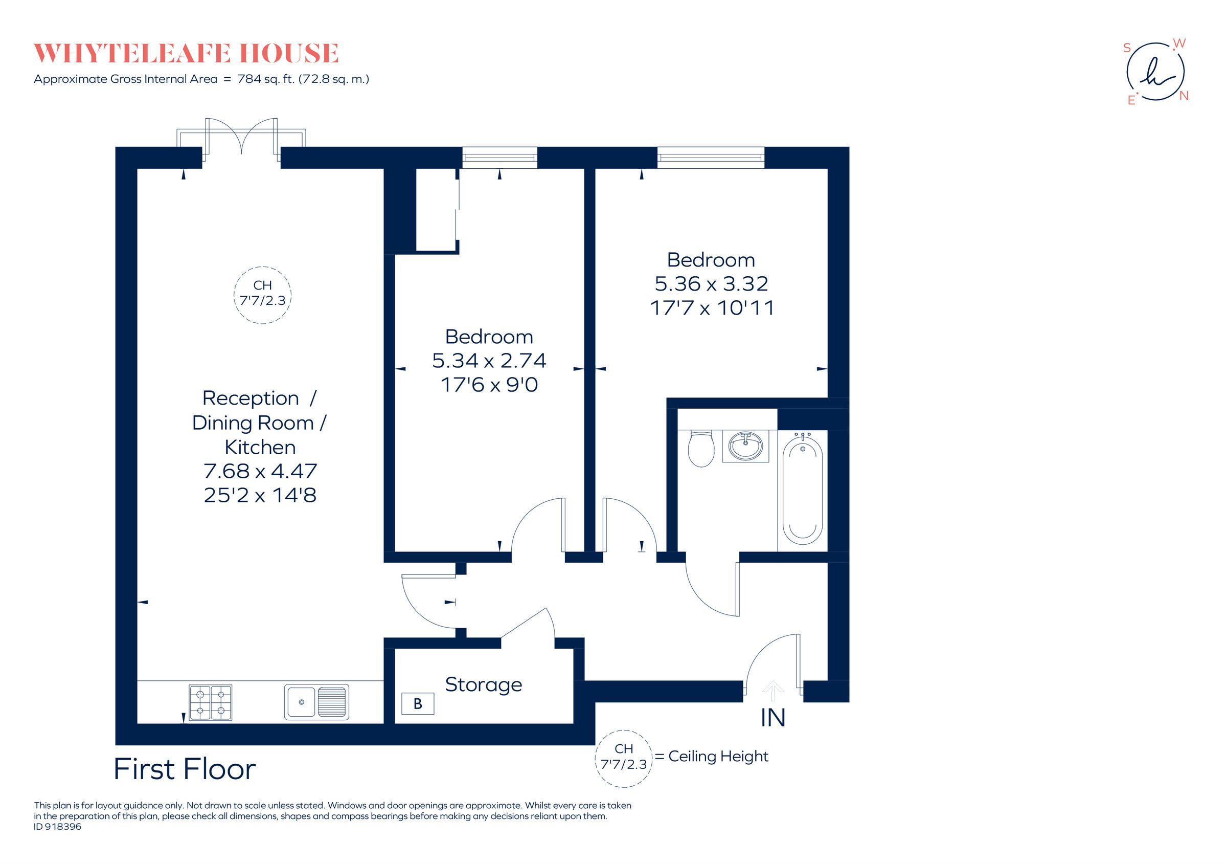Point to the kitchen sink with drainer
pos(316,702)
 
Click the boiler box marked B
pos(417,704)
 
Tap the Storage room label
pos(483,685)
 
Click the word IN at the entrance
pos(772,718)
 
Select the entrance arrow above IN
pos(772,691)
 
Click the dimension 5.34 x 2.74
pos(489,361)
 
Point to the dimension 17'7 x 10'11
pos(712,308)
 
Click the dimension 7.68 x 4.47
pos(260,471)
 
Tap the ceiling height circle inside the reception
pos(262,295)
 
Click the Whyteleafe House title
pos(186,54)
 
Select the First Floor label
pos(185,769)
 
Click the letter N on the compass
pos(1184,96)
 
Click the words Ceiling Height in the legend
pos(718,757)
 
